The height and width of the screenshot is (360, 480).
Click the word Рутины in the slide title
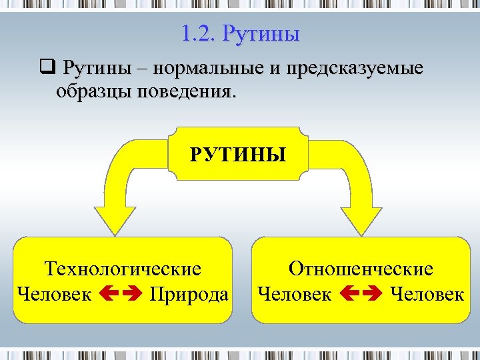pyautogui.click(x=261, y=33)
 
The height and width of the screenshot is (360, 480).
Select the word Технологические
pyautogui.click(x=123, y=269)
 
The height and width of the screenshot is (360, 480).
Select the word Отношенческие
pyautogui.click(x=361, y=269)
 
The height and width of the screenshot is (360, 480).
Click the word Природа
pyautogui.click(x=189, y=294)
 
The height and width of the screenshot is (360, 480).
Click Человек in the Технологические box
pyautogui.click(x=54, y=294)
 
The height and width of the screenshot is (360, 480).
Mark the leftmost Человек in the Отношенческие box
pyautogui.click(x=294, y=294)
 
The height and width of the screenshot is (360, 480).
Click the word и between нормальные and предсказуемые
pyautogui.click(x=268, y=70)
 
